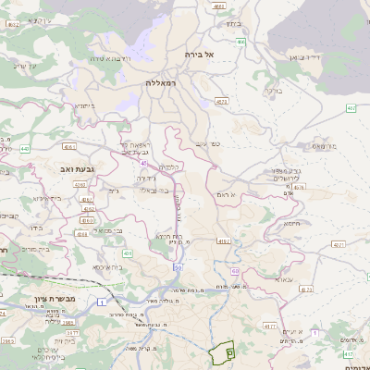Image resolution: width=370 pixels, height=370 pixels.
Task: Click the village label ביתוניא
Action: coord(85,106)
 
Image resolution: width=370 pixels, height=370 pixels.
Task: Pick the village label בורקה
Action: coord(275,91)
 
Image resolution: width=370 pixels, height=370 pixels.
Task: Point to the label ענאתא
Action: coord(282,277)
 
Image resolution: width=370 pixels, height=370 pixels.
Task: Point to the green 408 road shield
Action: coord(127,253)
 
